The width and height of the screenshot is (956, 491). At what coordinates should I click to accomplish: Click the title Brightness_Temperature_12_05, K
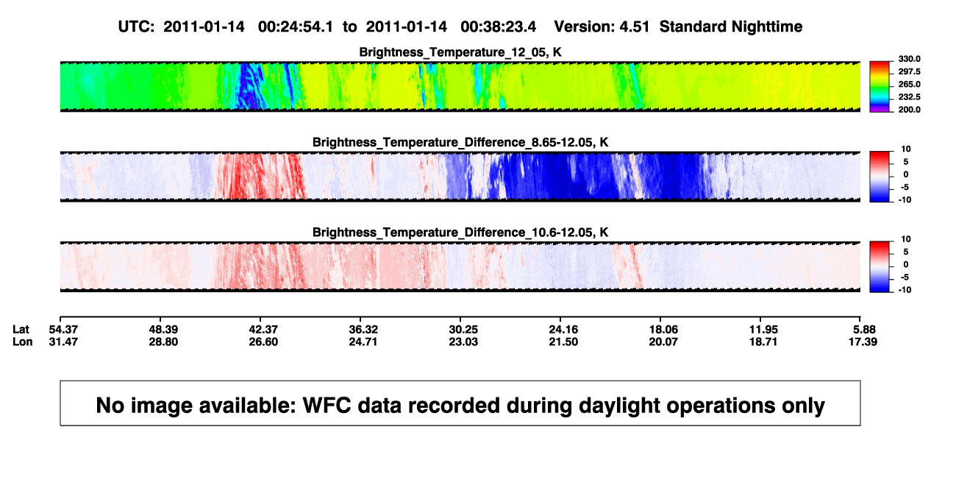pyautogui.click(x=460, y=52)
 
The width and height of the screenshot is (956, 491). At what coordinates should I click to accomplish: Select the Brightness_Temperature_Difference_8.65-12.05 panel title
pyautogui.click(x=460, y=142)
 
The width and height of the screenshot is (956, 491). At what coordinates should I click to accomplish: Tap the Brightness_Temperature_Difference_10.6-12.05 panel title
pyautogui.click(x=460, y=233)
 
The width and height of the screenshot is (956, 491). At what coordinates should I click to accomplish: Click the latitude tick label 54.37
pyautogui.click(x=63, y=330)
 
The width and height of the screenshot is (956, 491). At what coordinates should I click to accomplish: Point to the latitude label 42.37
pyautogui.click(x=263, y=330)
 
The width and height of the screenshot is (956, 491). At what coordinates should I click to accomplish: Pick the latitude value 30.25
pyautogui.click(x=463, y=330)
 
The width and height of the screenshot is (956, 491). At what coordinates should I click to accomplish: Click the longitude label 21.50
pyautogui.click(x=563, y=342)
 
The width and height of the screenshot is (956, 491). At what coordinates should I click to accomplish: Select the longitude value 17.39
pyautogui.click(x=863, y=342)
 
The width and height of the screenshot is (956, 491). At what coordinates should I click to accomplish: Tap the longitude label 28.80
pyautogui.click(x=163, y=342)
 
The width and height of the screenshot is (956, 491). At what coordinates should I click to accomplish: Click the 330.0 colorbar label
pyautogui.click(x=909, y=59)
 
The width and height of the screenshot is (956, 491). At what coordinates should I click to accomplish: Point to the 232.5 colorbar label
pyautogui.click(x=909, y=97)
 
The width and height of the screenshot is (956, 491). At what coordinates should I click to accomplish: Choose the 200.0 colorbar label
pyautogui.click(x=909, y=110)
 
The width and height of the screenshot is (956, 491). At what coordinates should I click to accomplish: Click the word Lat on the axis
pyautogui.click(x=21, y=330)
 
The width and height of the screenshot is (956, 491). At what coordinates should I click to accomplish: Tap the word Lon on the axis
pyautogui.click(x=23, y=342)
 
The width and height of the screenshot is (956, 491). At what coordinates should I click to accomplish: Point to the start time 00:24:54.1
pyautogui.click(x=296, y=27)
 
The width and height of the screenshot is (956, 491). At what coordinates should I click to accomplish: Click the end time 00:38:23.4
pyautogui.click(x=498, y=27)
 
